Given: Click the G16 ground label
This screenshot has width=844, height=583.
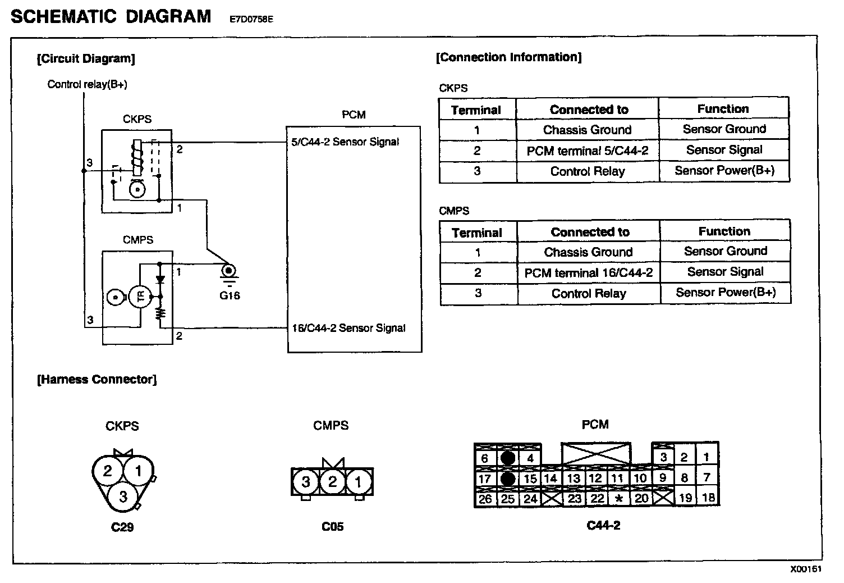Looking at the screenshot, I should pos(230,295).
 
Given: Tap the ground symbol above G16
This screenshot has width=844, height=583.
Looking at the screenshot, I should pos(229,272).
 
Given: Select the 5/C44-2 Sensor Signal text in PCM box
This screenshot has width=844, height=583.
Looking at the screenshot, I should pos(345,142).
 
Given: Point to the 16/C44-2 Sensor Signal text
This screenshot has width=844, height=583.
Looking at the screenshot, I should pos(348,328).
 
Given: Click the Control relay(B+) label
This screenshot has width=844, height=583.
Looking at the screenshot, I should pos(87,84).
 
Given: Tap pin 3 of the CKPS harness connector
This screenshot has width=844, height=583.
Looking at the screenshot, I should pos(123,496).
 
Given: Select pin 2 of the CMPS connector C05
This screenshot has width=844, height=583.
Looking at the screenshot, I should pos(332,481).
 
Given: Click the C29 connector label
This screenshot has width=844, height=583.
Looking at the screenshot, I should pos(122,527).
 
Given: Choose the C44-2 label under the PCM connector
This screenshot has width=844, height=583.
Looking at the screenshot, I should pos(603,526).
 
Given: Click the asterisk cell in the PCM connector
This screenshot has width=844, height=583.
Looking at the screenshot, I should pos(619,498).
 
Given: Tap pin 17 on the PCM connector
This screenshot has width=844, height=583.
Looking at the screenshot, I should pos(485,479).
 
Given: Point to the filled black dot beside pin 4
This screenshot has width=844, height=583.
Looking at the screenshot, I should pos(508,458).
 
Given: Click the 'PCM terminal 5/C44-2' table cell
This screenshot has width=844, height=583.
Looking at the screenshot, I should pos(588,151).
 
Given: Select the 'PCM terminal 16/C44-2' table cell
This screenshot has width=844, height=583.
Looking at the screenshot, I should pos(589,273).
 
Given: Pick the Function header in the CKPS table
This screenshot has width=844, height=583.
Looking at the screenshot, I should pos(723,108).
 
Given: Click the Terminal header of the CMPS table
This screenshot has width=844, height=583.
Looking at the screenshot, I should pos(477,233).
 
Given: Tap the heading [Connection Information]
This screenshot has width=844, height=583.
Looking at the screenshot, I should pos(508,57).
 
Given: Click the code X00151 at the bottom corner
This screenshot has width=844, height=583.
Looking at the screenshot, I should pos(806,569).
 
